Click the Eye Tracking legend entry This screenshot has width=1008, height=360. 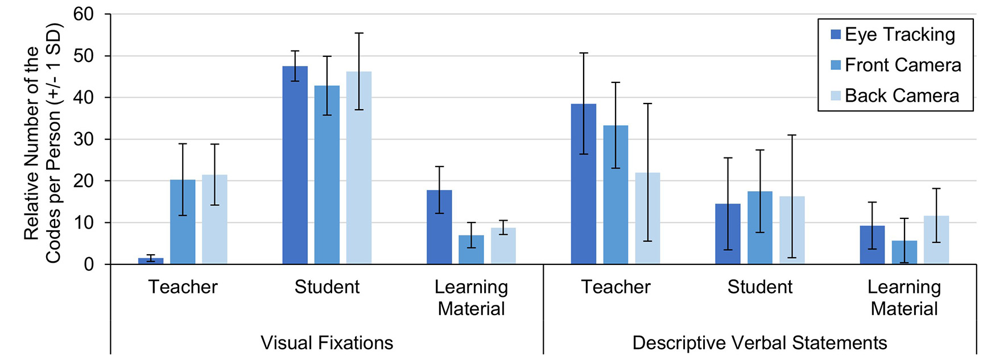pyautogui.click(x=899, y=35)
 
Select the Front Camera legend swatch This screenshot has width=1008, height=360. pyautogui.click(x=836, y=65)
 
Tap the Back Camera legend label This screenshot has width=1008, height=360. pyautogui.click(x=902, y=96)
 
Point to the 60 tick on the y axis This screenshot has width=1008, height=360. pyautogui.click(x=84, y=14)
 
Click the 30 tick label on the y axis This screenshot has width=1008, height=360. pyautogui.click(x=84, y=139)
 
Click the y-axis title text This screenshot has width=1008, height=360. pyautogui.click(x=43, y=142)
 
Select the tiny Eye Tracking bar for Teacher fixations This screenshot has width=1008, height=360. pyautogui.click(x=151, y=261)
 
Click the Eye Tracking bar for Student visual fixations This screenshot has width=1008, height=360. pyautogui.click(x=295, y=165)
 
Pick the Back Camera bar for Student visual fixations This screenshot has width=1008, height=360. pyautogui.click(x=359, y=168)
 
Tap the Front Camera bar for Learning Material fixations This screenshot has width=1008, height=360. pyautogui.click(x=471, y=250)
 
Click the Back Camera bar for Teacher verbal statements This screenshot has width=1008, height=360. pyautogui.click(x=647, y=218)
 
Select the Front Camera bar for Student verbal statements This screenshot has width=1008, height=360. pyautogui.click(x=760, y=227)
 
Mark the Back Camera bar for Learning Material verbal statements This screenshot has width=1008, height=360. pyautogui.click(x=936, y=240)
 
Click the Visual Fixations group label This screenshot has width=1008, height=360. pyautogui.click(x=327, y=343)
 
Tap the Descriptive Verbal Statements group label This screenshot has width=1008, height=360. pyautogui.click(x=759, y=343)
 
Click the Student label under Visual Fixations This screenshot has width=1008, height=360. pyautogui.click(x=327, y=287)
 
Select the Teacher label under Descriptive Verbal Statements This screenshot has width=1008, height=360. pyautogui.click(x=615, y=287)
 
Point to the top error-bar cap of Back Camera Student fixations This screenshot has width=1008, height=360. pyautogui.click(x=359, y=34)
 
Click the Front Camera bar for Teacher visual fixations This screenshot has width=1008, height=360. pyautogui.click(x=183, y=222)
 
